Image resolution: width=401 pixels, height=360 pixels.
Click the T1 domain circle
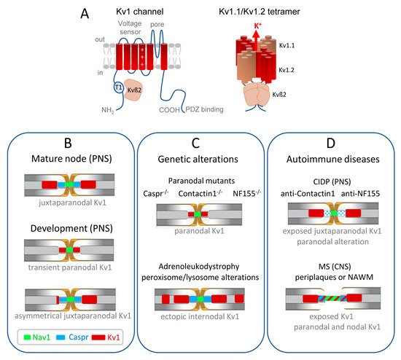118,87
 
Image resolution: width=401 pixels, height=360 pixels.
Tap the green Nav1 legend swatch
27,337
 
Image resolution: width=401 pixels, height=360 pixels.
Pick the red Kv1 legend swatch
98,337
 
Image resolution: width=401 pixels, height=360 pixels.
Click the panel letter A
85,14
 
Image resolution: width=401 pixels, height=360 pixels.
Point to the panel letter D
331,143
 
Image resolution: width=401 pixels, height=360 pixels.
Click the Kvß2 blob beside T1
133,90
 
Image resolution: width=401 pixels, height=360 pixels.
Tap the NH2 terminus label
108,110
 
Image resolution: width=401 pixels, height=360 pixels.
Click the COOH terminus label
169,110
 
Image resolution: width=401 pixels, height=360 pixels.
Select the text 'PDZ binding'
204,109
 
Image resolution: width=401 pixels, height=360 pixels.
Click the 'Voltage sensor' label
130,28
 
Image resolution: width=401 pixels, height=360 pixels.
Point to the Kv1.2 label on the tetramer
287,70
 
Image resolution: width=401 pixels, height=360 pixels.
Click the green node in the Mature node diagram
69,184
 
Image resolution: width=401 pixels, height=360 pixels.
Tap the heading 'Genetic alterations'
198,160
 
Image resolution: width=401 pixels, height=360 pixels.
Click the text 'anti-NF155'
360,194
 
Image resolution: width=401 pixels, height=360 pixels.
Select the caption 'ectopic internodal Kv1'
200,316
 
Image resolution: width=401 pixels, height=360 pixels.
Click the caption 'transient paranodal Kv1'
70,267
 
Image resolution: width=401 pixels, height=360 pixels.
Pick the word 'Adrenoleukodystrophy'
199,267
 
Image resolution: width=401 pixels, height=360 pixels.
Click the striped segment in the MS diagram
332,298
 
